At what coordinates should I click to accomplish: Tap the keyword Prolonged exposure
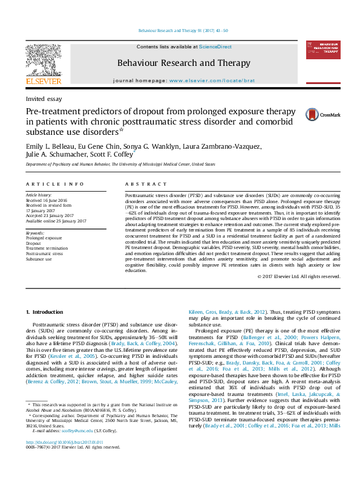(x=43, y=238)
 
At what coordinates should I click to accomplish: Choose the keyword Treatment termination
(x=47, y=248)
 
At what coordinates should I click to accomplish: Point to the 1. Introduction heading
(x=45, y=311)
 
